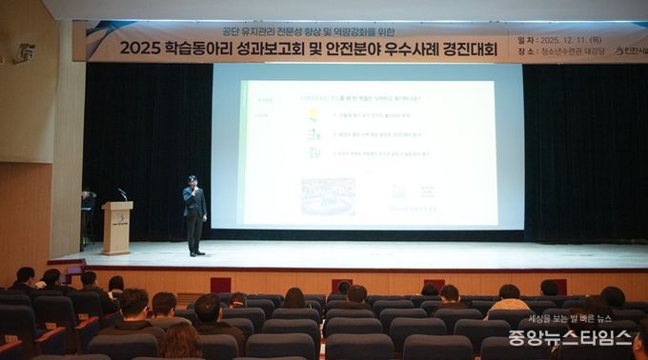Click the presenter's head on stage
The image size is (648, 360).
coord(193,180)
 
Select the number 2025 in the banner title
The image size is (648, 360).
coord(141,49)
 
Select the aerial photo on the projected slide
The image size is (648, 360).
coord(328,195)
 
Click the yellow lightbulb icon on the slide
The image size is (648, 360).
coord(313,114)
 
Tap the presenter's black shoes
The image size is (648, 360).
coord(196,253)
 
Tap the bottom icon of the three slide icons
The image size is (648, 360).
coord(314,153)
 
